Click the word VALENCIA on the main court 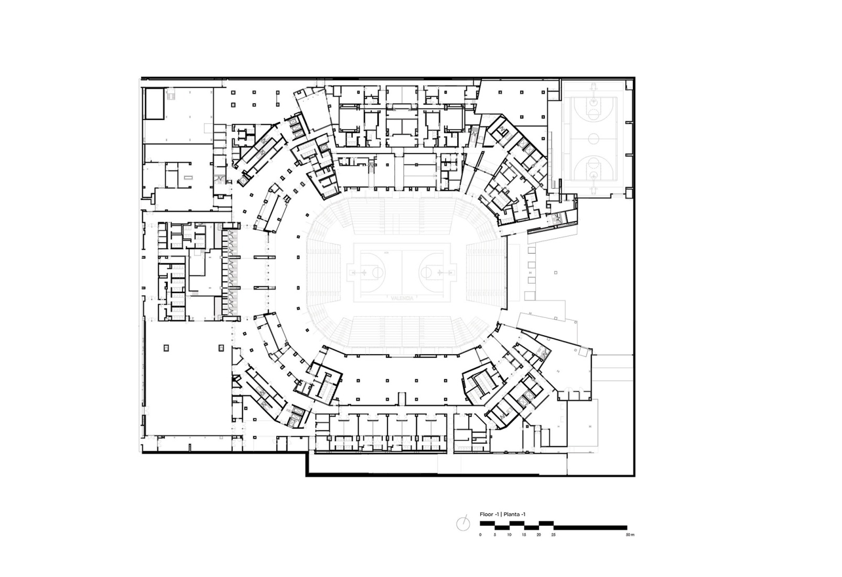tap(402, 297)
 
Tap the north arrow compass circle tap(462, 523)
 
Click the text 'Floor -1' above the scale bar tap(489, 515)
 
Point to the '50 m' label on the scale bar tap(630, 535)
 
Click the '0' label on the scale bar tap(480, 535)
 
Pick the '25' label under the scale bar tap(553, 535)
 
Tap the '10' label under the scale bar tap(509, 535)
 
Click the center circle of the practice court tap(593, 138)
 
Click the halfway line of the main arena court tap(402, 273)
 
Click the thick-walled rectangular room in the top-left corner tap(155, 103)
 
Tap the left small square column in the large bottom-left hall tap(167, 347)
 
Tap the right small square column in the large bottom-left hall tap(221, 347)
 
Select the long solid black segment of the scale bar tap(590, 527)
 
